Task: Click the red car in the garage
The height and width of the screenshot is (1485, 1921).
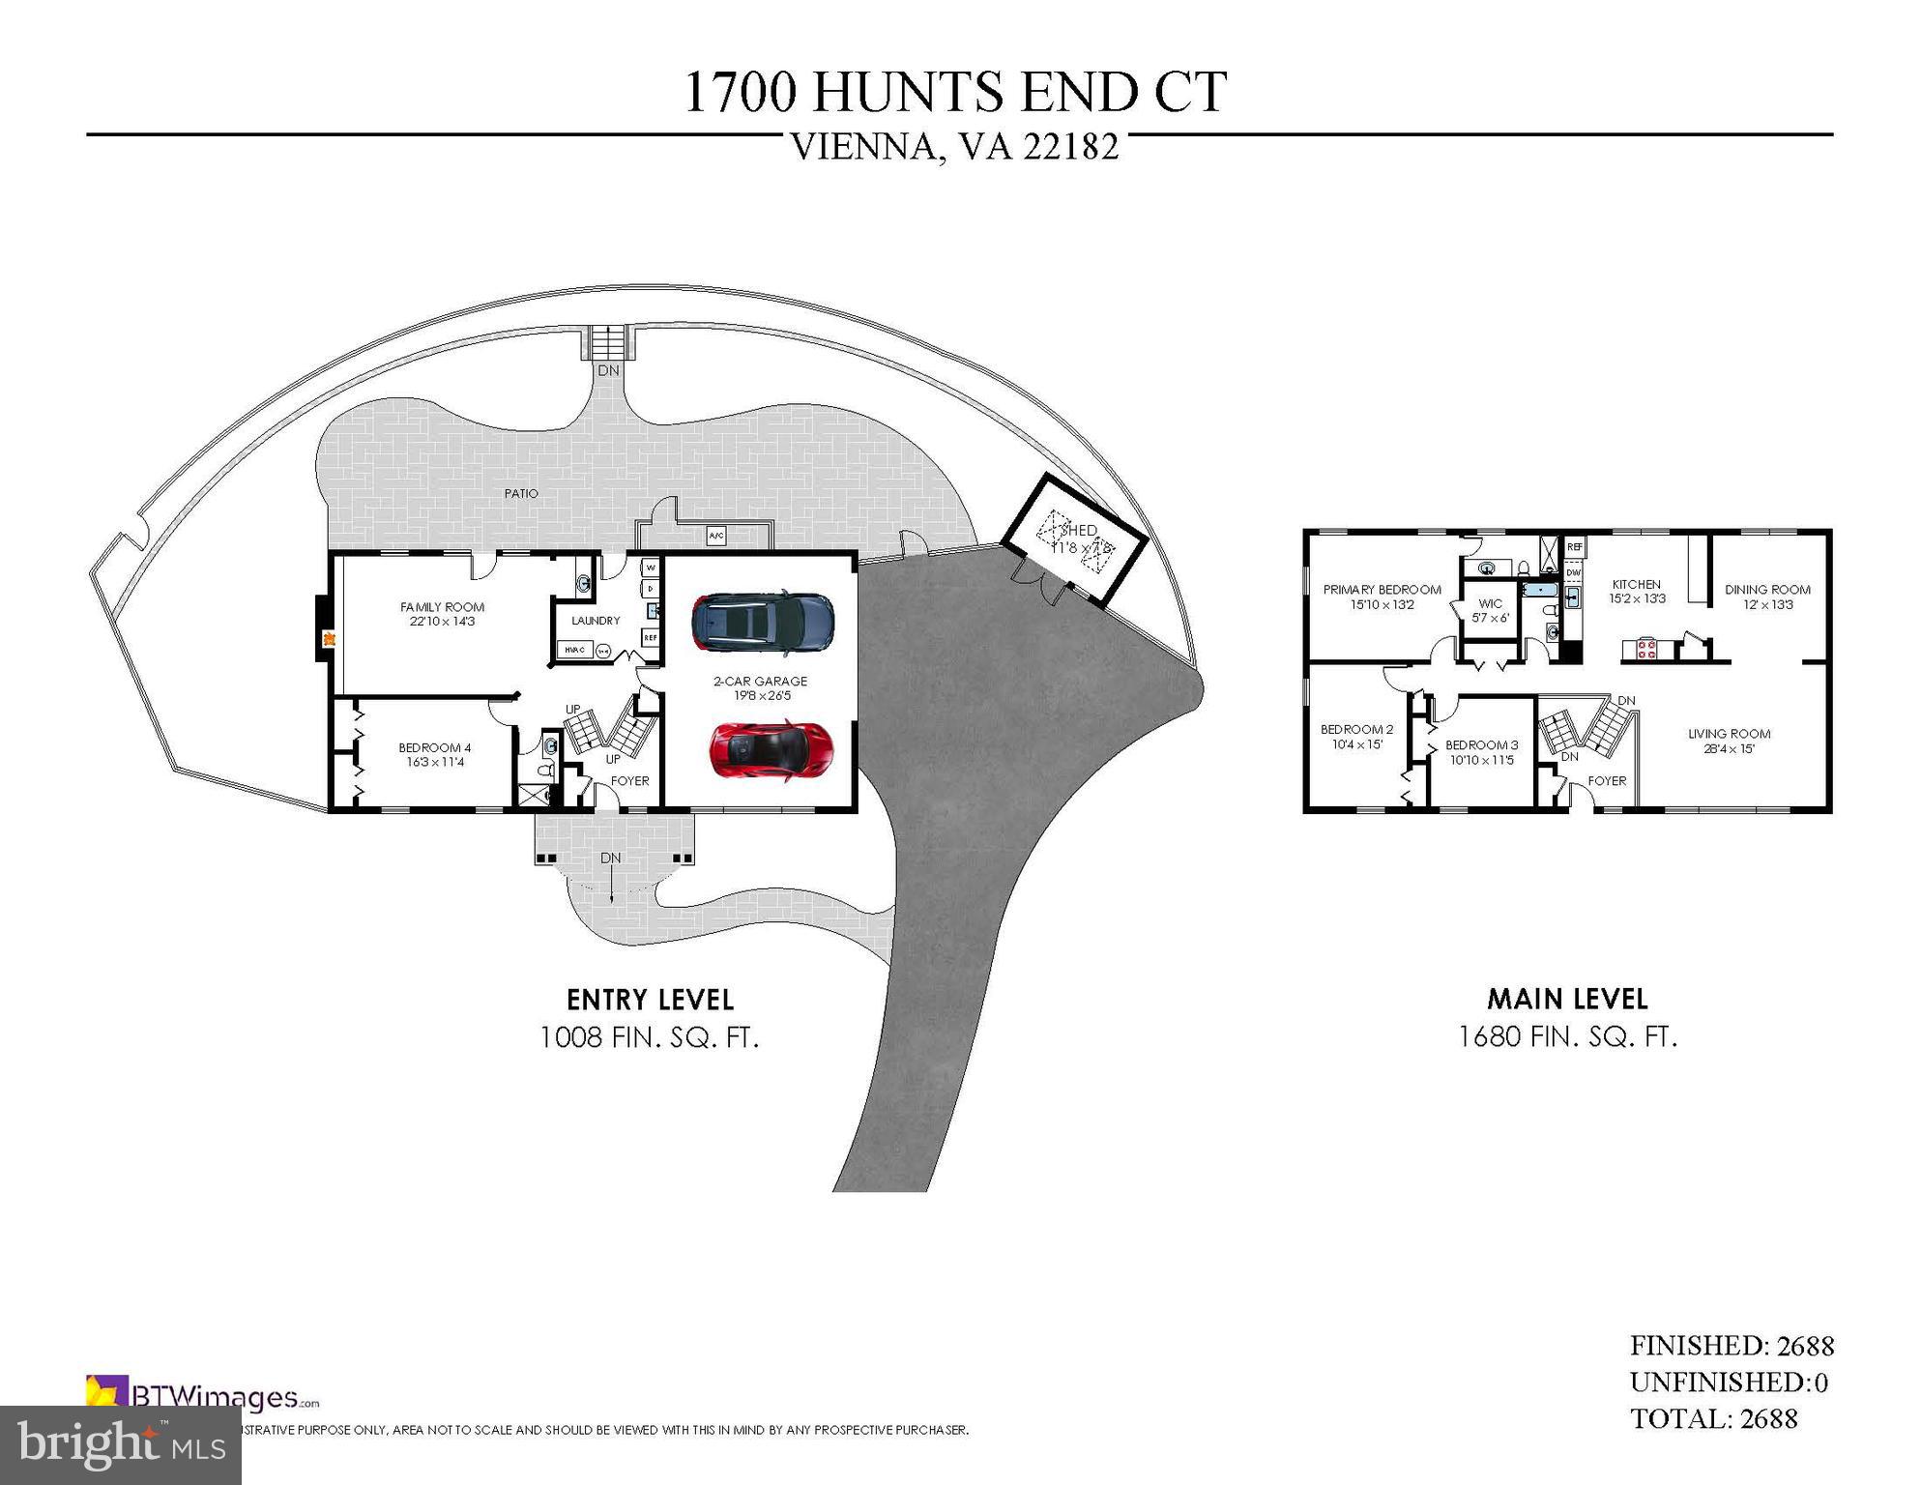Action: click(x=771, y=748)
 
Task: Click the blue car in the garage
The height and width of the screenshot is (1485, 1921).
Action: click(x=763, y=621)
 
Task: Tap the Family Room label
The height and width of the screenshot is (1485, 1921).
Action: click(x=442, y=614)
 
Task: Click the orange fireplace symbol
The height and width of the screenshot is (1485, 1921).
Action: click(x=329, y=638)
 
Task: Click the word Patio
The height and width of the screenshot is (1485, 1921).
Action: click(x=521, y=493)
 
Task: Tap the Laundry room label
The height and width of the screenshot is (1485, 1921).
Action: click(x=595, y=621)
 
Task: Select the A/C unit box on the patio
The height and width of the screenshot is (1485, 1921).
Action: click(x=716, y=536)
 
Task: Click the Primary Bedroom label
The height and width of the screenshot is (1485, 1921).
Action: click(x=1382, y=597)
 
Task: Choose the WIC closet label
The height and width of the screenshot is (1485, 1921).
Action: click(x=1490, y=610)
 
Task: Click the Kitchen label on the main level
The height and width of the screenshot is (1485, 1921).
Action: click(x=1636, y=591)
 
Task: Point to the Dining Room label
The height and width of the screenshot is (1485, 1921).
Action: click(x=1767, y=597)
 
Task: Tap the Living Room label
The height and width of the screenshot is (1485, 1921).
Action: click(x=1729, y=741)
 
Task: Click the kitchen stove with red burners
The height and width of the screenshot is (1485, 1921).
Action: click(x=1646, y=648)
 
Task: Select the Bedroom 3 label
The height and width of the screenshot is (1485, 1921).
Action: click(x=1480, y=752)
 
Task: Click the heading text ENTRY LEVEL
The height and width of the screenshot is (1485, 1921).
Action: click(x=650, y=999)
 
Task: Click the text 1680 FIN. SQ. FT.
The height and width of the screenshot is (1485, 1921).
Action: click(x=1567, y=1036)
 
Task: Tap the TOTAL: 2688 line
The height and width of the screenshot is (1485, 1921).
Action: click(x=1713, y=1418)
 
